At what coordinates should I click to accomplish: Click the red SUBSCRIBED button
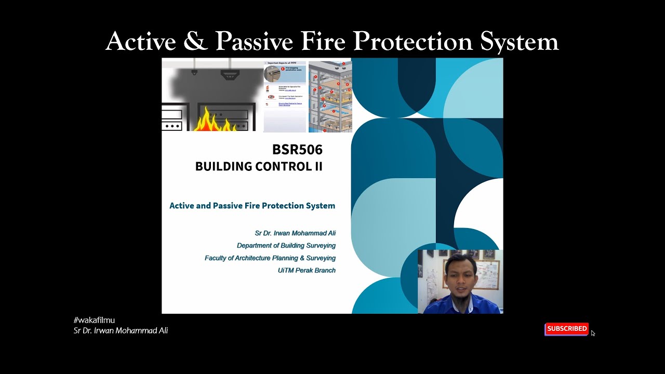pyautogui.click(x=566, y=329)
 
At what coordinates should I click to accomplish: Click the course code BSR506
pyautogui.click(x=297, y=150)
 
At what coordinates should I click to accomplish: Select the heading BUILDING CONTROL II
pyautogui.click(x=259, y=166)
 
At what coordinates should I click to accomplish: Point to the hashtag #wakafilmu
pyautogui.click(x=94, y=320)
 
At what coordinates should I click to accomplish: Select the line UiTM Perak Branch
pyautogui.click(x=307, y=270)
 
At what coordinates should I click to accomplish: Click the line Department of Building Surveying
pyautogui.click(x=286, y=245)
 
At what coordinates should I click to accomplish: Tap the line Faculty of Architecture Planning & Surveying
pyautogui.click(x=270, y=258)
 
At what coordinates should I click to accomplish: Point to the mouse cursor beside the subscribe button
pyautogui.click(x=593, y=333)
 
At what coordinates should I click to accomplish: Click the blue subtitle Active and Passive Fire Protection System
pyautogui.click(x=252, y=206)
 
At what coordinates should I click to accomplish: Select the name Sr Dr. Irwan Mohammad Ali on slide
pyautogui.click(x=295, y=233)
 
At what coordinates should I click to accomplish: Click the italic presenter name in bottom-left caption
pyautogui.click(x=121, y=331)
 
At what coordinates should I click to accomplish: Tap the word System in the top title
pyautogui.click(x=519, y=42)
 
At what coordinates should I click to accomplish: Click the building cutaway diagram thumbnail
pyautogui.click(x=330, y=96)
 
